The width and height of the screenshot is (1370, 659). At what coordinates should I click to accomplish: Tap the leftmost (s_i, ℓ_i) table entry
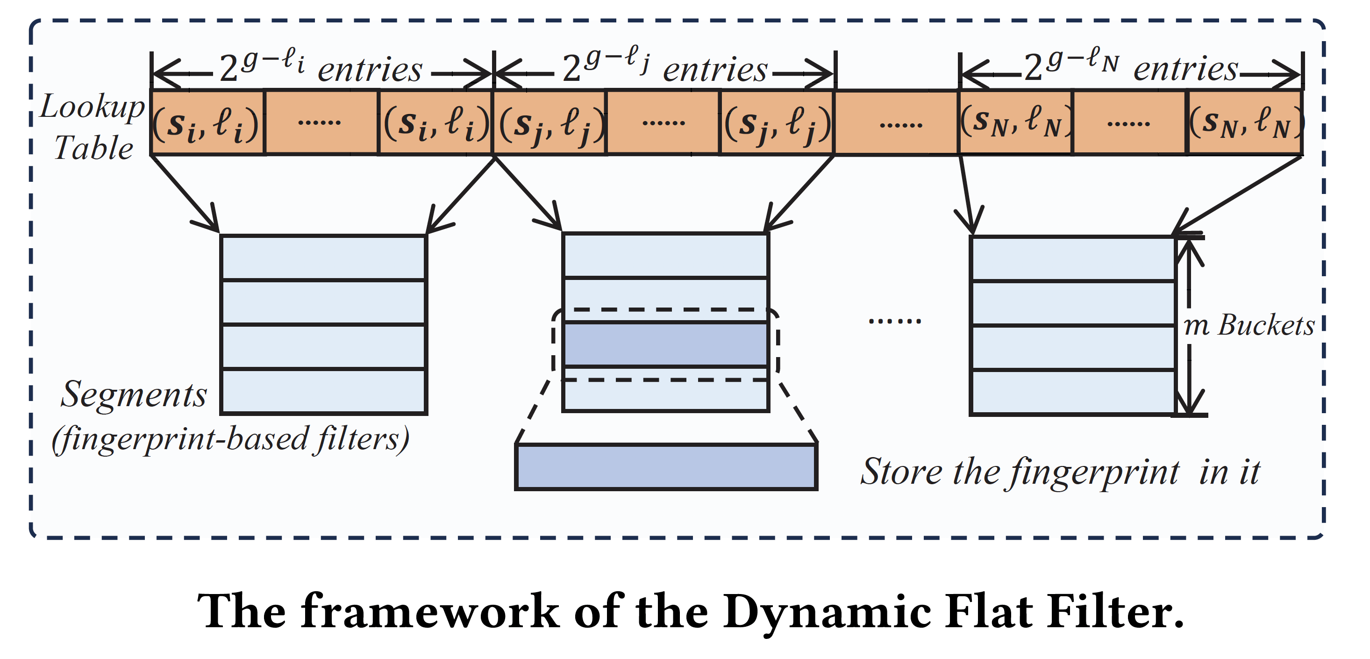tap(207, 123)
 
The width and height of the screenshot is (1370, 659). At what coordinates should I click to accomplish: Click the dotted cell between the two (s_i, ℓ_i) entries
tap(321, 123)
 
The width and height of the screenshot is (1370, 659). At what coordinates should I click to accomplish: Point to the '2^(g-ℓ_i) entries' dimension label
tap(321, 69)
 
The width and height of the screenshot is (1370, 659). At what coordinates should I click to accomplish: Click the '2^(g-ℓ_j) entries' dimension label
tap(665, 69)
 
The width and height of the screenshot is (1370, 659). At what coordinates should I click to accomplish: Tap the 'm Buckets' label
tap(1249, 325)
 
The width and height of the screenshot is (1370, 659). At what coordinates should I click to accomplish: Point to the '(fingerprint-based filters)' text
tap(230, 439)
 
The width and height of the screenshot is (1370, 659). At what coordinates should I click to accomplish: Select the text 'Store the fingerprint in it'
tap(1060, 471)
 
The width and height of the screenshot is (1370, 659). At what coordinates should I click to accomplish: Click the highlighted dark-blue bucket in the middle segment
tap(665, 344)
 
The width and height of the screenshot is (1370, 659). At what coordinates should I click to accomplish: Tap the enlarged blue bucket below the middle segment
tap(666, 466)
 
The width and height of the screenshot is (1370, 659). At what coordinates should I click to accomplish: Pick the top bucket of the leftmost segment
tap(323, 258)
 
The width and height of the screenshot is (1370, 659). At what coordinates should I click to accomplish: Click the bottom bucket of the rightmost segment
tap(1073, 392)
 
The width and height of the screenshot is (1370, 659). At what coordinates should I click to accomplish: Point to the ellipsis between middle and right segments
tap(894, 321)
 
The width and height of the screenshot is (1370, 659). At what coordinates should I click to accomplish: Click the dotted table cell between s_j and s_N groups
tap(896, 123)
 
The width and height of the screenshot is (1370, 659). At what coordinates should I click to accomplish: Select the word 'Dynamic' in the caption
tap(827, 612)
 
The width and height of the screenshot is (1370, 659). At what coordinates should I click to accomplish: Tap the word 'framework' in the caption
tap(430, 612)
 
